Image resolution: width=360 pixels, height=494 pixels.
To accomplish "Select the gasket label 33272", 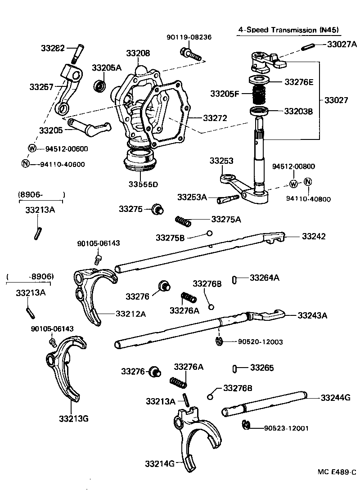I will [215, 118].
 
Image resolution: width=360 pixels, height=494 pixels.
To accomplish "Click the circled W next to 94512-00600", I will [32, 148].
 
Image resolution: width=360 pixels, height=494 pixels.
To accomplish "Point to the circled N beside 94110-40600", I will [25, 163].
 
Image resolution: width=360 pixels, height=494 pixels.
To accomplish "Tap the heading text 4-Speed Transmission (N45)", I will [288, 30].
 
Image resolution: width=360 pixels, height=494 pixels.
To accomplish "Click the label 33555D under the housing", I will [143, 184].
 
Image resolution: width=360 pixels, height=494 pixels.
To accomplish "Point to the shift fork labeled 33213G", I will [67, 369].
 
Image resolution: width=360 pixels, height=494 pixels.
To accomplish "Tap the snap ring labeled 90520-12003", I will [219, 342].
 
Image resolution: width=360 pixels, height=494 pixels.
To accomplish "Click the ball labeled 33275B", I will [209, 233].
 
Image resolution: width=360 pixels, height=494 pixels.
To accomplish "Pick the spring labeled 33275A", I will [183, 220].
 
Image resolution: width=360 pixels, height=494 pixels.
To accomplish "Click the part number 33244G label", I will [335, 398].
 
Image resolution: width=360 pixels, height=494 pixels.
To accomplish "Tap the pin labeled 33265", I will [235, 368].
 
